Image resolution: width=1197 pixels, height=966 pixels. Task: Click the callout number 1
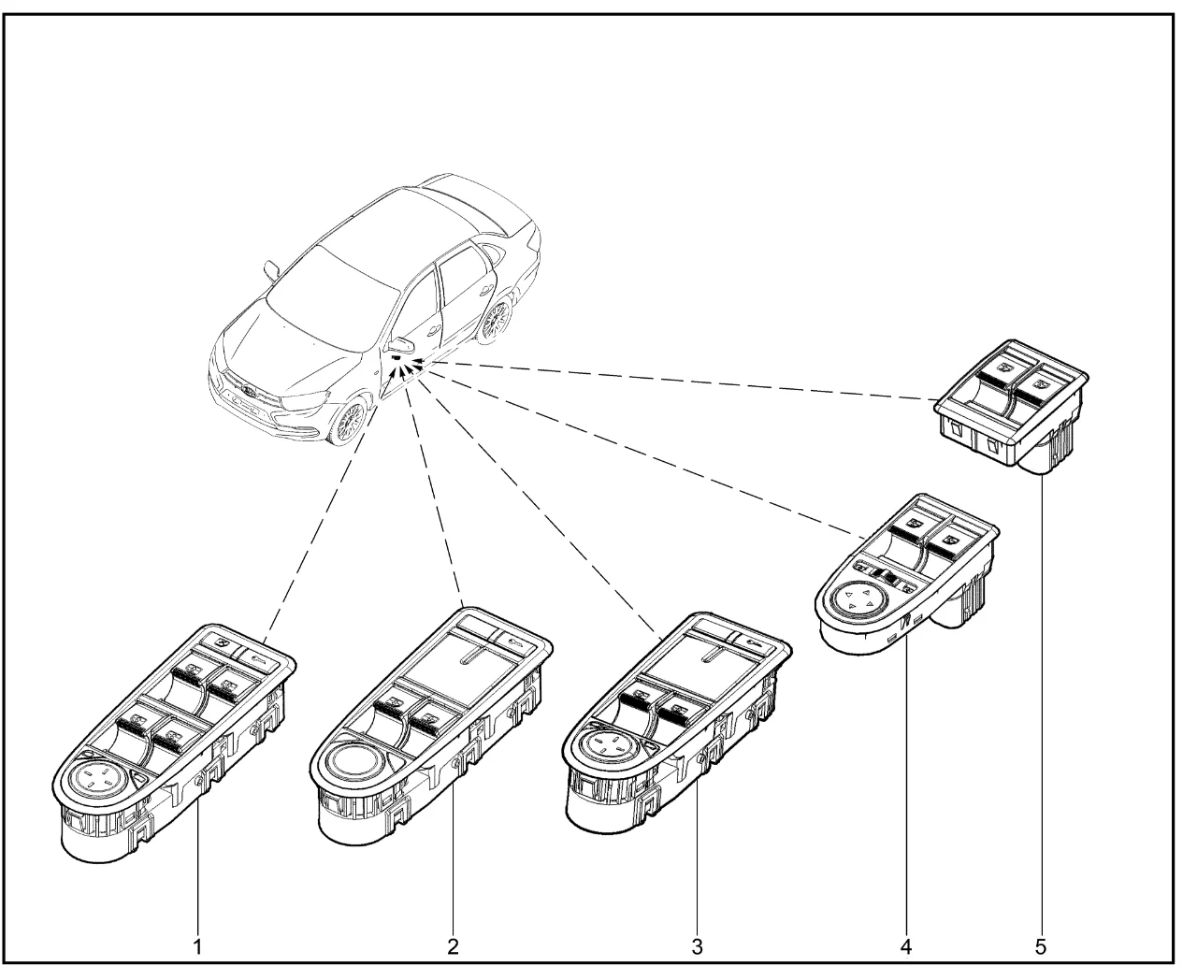pyautogui.click(x=197, y=946)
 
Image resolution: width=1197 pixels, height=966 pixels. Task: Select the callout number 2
pyautogui.click(x=454, y=946)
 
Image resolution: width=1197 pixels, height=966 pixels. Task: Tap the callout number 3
pyautogui.click(x=697, y=946)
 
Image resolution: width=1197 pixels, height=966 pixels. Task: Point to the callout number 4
pyautogui.click(x=905, y=946)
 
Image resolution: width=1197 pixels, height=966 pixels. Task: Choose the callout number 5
pyautogui.click(x=1042, y=946)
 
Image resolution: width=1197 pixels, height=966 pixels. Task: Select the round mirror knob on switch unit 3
pyautogui.click(x=605, y=748)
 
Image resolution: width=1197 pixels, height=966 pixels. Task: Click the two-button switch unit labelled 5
pyautogui.click(x=1013, y=404)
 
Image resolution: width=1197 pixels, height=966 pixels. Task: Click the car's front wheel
pyautogui.click(x=350, y=423)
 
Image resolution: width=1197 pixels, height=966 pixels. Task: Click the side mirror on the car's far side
pyautogui.click(x=271, y=269)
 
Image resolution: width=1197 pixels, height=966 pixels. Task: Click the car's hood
pyautogui.click(x=281, y=337)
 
